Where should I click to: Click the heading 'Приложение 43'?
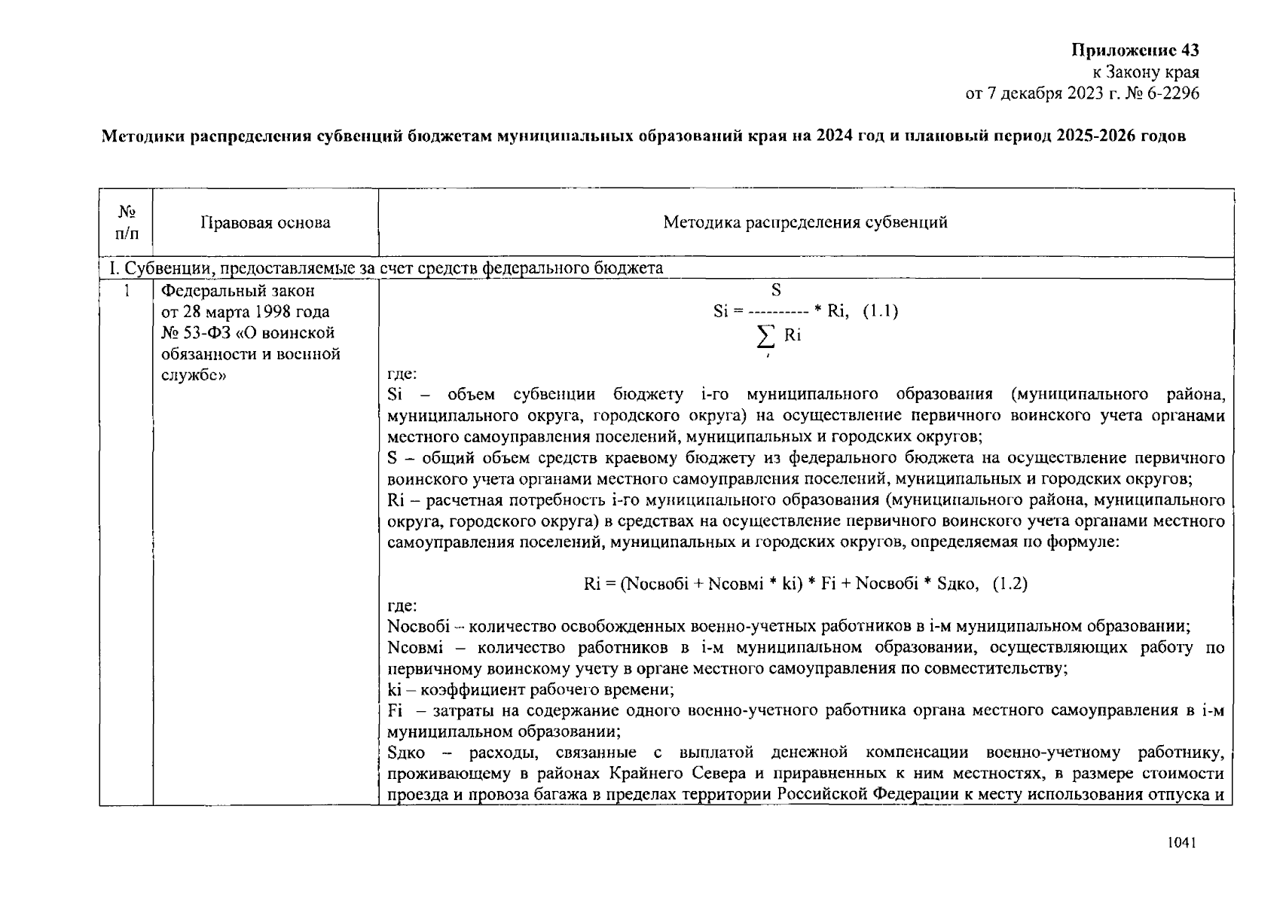click(x=1135, y=50)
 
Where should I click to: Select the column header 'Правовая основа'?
click(x=265, y=222)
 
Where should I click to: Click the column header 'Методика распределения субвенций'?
click(x=805, y=222)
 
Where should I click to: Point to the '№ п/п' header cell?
click(x=127, y=223)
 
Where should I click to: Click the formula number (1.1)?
click(x=879, y=311)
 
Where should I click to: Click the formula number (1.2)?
click(x=1010, y=583)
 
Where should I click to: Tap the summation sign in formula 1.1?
click(x=766, y=336)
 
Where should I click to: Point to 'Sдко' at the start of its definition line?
click(x=405, y=753)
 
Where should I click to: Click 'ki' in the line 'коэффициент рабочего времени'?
click(x=393, y=689)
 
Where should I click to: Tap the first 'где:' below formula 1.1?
click(x=402, y=374)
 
